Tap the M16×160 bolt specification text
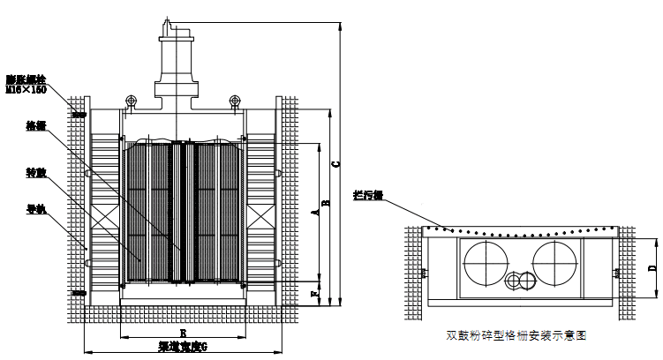coord(26,89)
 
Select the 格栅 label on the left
coord(34,125)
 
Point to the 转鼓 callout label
coord(34,176)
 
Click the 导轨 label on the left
coord(34,210)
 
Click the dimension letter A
coord(315,213)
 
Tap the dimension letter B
coord(327,203)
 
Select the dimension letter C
coord(336,163)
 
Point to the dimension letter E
coord(181,333)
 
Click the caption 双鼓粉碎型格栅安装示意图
coord(516,335)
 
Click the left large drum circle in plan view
coord(486,262)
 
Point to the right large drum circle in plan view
coord(555,262)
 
